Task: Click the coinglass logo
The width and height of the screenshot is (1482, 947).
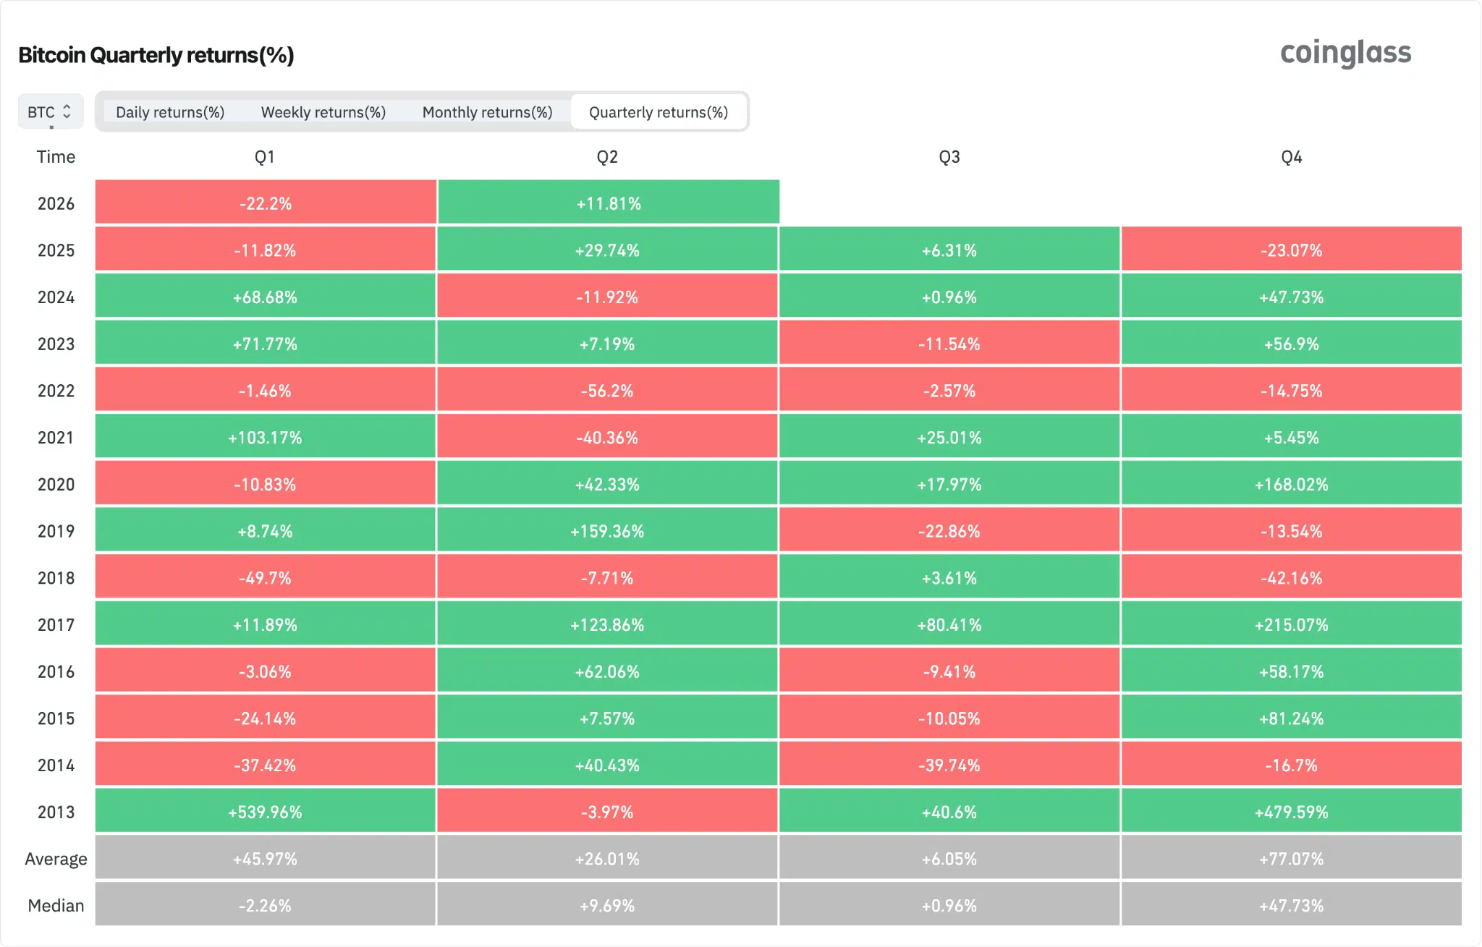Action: pos(1345,54)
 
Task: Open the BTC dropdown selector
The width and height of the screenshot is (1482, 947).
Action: pos(50,111)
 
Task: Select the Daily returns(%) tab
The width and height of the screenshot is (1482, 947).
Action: pos(170,112)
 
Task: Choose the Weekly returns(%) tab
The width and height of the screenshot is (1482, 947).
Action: pos(323,112)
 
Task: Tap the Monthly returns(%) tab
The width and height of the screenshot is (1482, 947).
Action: pos(487,112)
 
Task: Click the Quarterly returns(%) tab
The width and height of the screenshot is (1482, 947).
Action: pos(658,112)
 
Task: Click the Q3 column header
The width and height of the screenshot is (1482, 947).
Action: pos(949,157)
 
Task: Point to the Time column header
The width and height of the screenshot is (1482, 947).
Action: pos(56,157)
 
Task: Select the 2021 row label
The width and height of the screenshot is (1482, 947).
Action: pos(56,438)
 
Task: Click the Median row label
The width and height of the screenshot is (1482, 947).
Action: pos(56,906)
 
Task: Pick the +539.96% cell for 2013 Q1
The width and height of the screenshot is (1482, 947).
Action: pos(265,812)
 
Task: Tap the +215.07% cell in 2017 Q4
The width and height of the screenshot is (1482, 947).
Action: pos(1291,624)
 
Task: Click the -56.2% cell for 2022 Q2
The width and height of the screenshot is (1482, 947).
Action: pos(607,391)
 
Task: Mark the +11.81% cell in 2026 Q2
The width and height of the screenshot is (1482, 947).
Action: pos(608,203)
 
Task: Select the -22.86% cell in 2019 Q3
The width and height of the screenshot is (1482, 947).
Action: pos(949,531)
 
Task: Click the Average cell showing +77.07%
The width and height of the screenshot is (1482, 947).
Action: pos(1291,859)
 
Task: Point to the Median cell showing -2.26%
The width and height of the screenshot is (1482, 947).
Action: pos(265,906)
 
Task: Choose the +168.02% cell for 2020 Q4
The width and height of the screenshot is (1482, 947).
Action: pos(1291,484)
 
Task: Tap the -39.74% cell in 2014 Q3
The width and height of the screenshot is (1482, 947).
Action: pos(949,765)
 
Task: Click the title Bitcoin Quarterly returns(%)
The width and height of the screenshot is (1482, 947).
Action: pos(156,55)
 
